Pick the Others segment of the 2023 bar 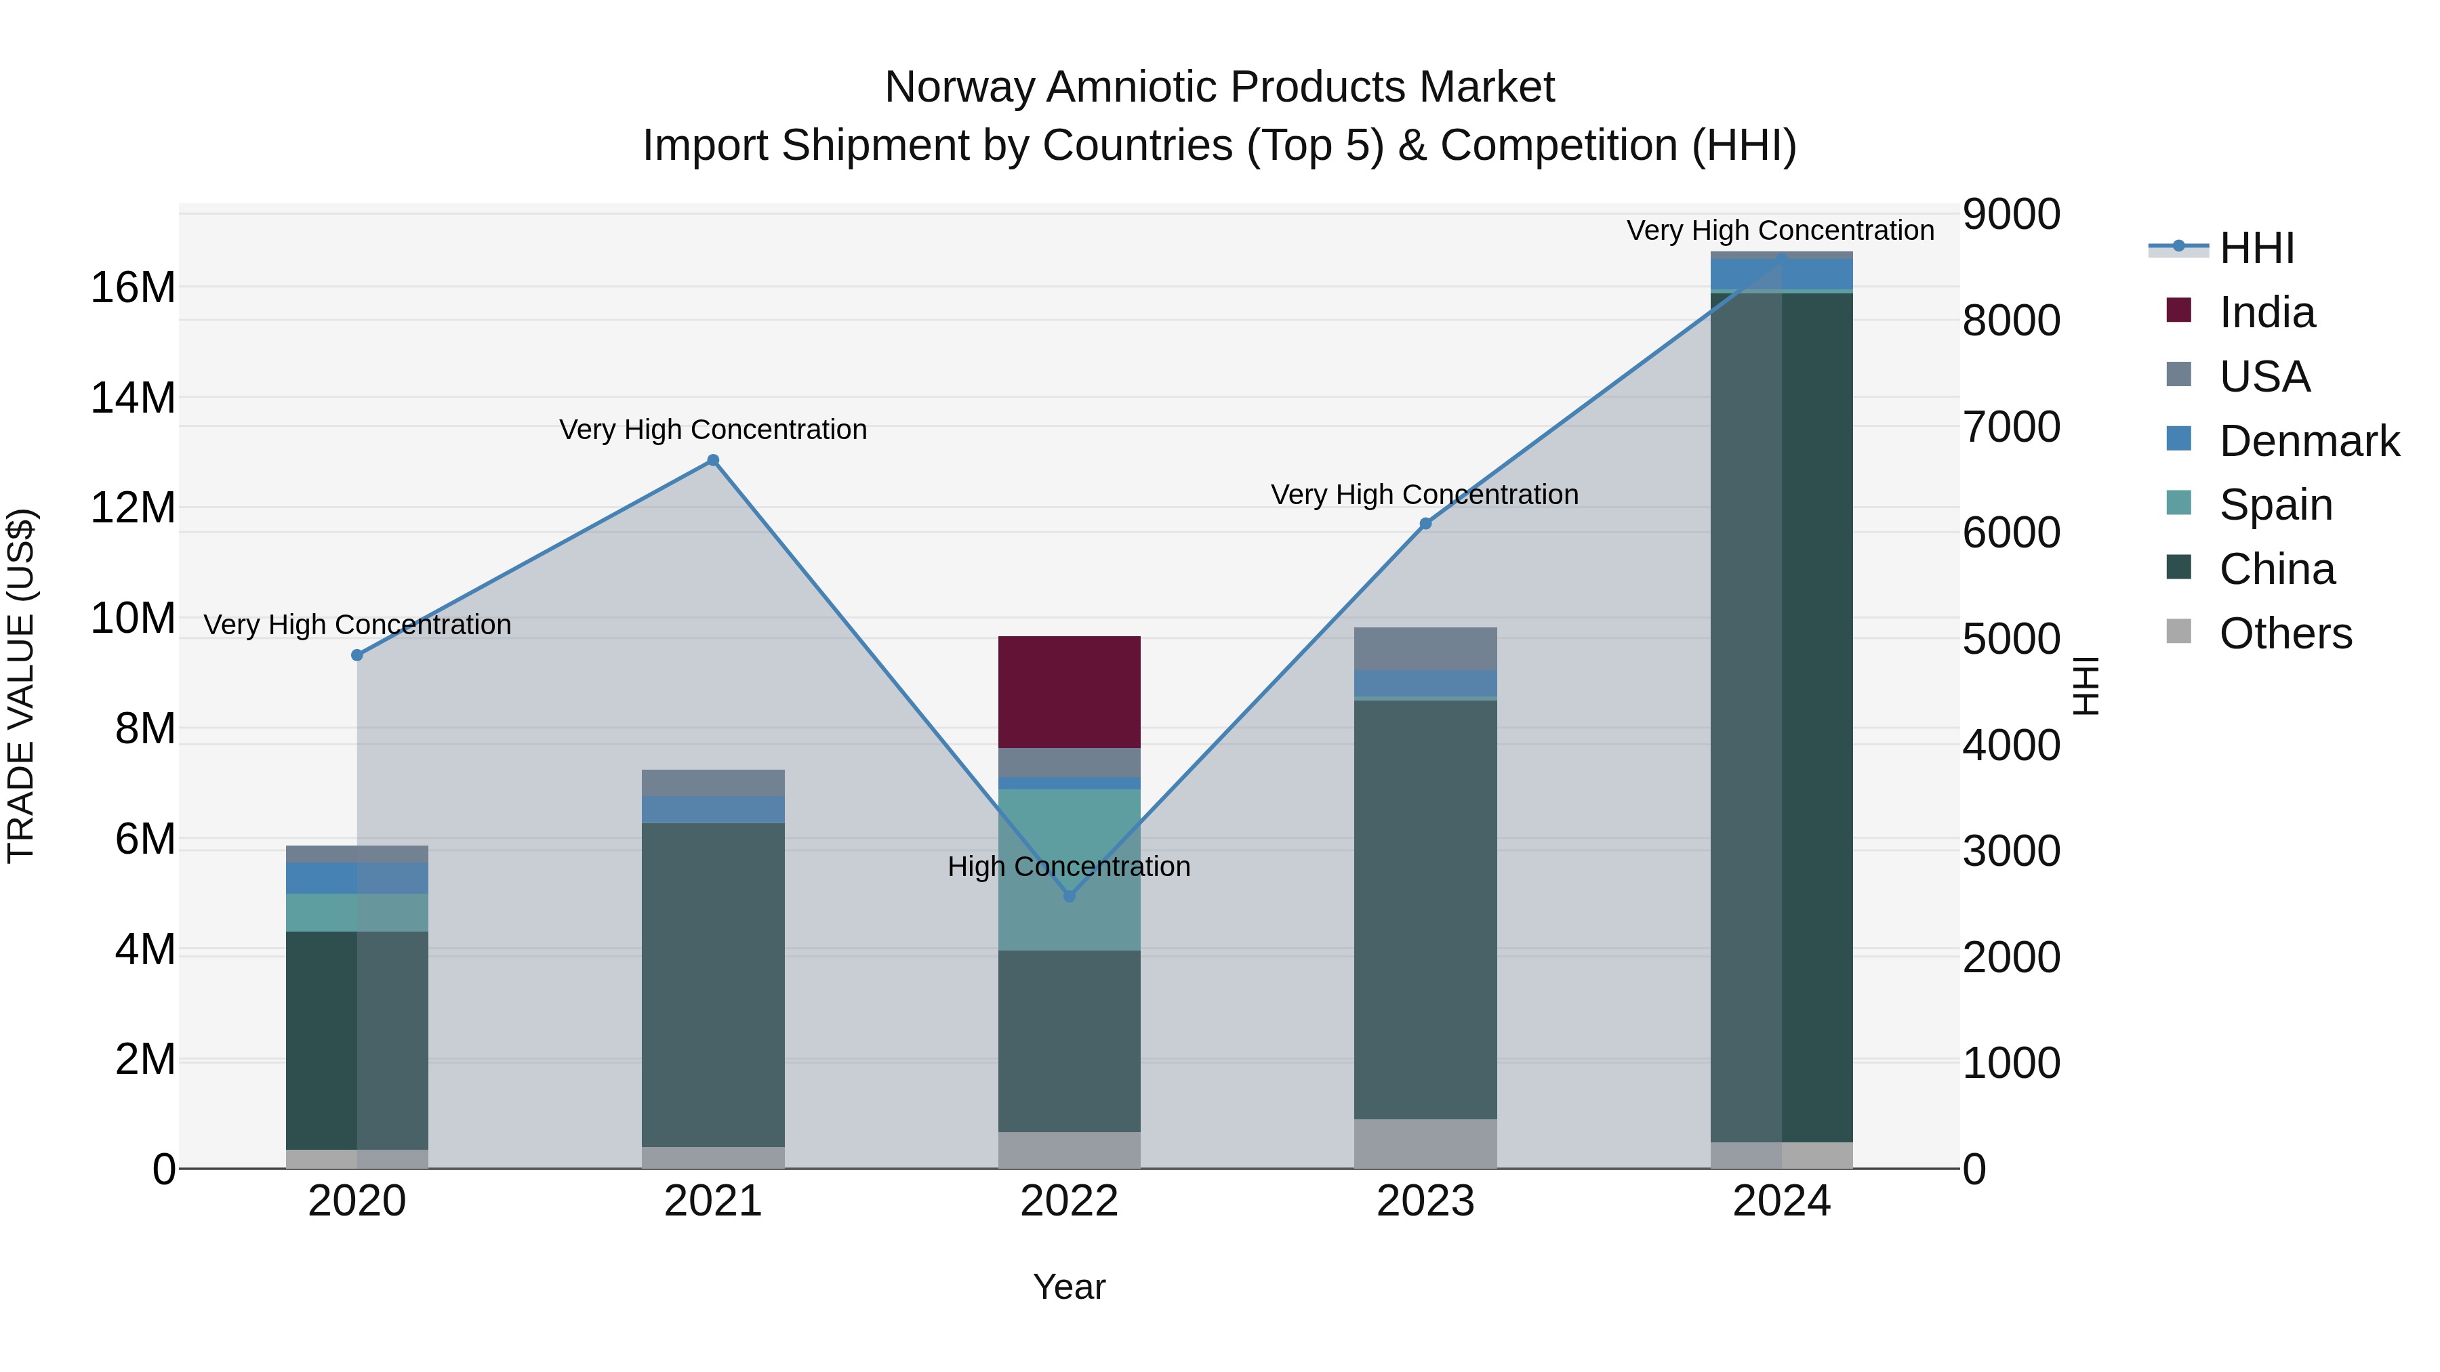1425,1143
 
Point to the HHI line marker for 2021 713,460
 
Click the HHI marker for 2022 1070,896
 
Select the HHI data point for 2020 357,655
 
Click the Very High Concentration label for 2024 1780,230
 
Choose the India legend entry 2266,312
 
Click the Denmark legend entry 2309,441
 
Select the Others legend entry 2285,633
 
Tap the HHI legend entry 2256,248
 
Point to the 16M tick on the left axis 133,287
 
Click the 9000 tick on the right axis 2011,214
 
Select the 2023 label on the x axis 1425,1201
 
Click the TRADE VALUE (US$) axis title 22,686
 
